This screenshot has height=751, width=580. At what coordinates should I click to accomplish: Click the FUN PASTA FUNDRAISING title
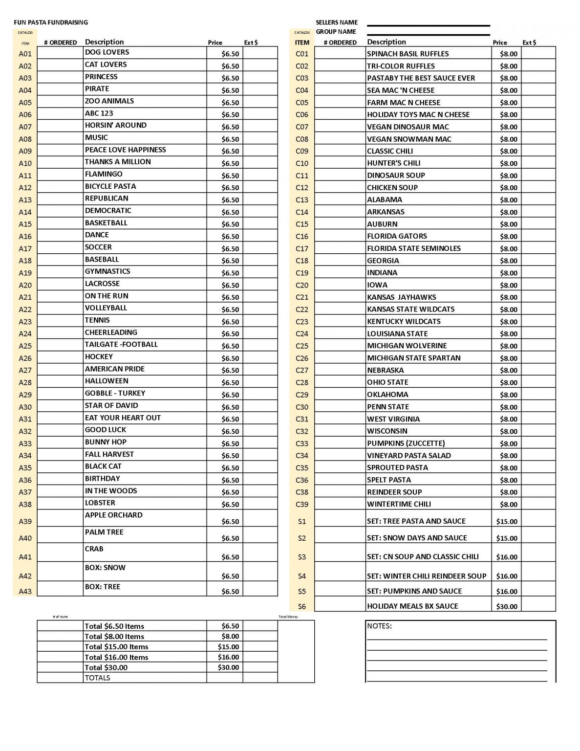[51, 22]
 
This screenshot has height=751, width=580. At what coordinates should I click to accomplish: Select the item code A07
[25, 127]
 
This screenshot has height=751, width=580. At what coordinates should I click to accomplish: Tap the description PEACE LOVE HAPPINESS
[125, 150]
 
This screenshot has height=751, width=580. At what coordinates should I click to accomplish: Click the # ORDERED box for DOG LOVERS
[60, 53]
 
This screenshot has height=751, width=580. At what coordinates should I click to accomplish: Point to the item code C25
[302, 346]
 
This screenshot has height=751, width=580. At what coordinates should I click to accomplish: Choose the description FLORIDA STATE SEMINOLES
[413, 248]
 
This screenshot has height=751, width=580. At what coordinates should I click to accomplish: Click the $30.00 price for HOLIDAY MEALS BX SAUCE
[506, 606]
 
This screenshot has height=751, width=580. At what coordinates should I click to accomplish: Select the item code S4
[302, 576]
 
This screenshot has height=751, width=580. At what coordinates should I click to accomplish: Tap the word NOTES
[379, 626]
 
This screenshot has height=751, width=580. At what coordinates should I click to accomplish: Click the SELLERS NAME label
[337, 22]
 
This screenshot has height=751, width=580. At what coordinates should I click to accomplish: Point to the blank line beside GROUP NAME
[428, 35]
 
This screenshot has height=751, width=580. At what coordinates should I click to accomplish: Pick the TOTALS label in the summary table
[97, 678]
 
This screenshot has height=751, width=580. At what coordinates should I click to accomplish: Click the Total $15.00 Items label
[116, 646]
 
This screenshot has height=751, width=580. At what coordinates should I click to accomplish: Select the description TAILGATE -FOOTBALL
[121, 344]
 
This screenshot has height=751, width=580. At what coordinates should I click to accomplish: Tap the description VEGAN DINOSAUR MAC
[408, 127]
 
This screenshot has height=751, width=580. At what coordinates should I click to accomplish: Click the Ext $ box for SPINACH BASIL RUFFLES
[538, 53]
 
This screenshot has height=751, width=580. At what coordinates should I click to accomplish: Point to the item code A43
[25, 591]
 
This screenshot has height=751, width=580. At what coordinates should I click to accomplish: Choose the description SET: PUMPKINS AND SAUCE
[414, 591]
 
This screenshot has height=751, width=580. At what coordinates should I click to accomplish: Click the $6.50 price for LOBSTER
[230, 504]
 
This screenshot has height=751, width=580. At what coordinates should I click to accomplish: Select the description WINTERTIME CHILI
[399, 504]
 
